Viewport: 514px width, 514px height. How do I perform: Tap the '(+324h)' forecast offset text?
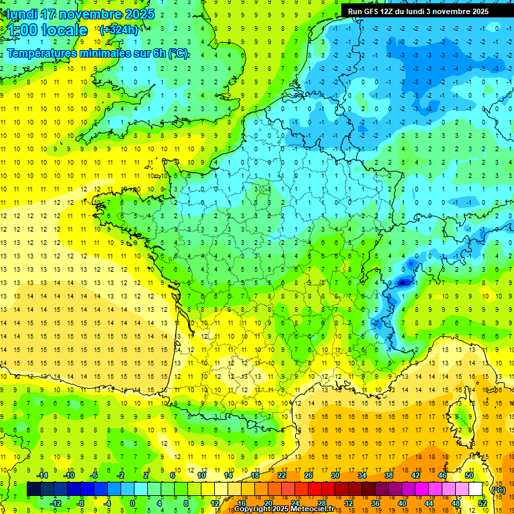[119, 29]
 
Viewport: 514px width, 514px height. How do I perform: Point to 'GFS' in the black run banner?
[371, 11]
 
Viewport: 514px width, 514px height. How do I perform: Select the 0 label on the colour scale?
[133, 503]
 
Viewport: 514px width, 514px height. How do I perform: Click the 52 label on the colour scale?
[481, 503]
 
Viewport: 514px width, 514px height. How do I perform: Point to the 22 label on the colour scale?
[282, 475]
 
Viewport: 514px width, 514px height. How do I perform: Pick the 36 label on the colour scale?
[375, 503]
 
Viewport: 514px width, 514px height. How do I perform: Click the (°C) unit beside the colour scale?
[498, 490]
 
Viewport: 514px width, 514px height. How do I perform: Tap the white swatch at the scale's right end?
[476, 489]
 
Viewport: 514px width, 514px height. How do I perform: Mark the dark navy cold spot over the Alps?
[402, 282]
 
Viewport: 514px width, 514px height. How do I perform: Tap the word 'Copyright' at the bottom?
[252, 509]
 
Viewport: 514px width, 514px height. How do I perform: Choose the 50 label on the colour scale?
[468, 475]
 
